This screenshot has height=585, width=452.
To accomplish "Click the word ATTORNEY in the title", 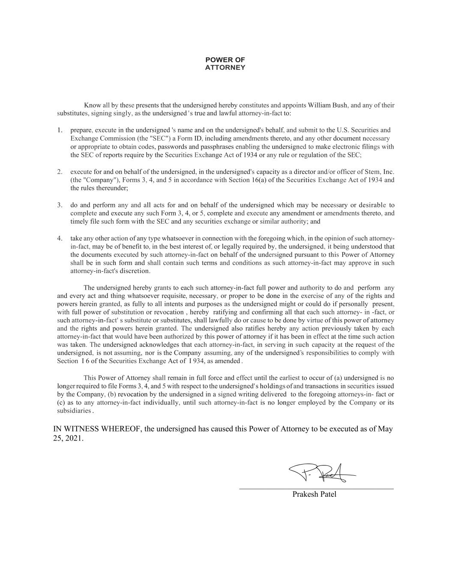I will click(225, 68).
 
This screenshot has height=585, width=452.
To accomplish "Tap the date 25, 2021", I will click(68, 439).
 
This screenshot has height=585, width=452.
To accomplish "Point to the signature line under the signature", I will click(316, 489).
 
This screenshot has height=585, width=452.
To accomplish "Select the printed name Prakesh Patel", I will click(314, 495).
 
